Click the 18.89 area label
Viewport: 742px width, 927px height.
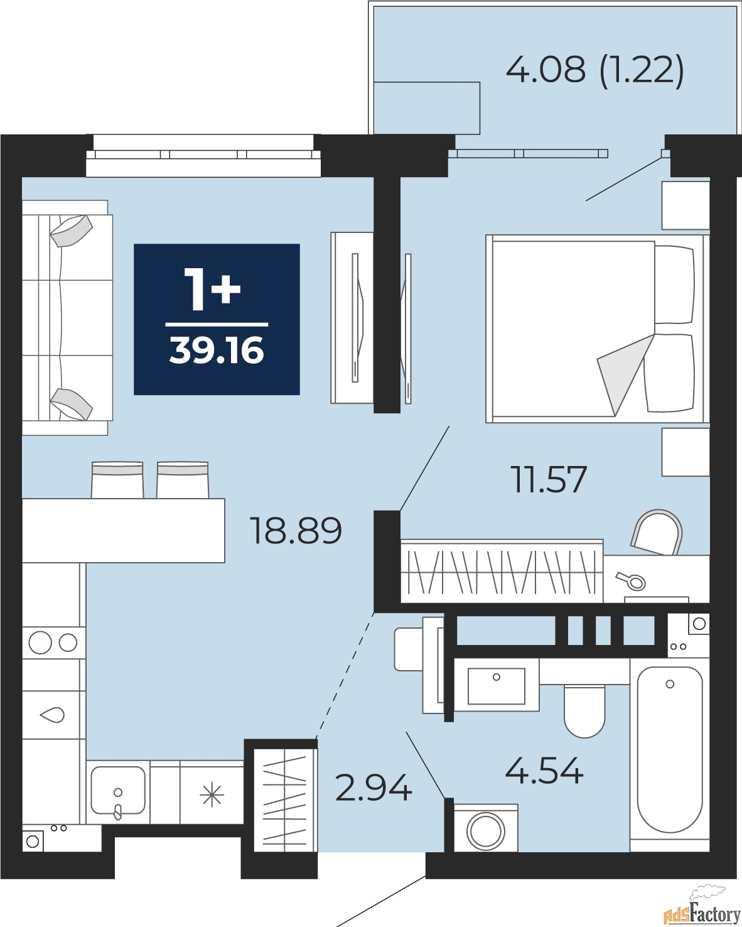tap(296, 530)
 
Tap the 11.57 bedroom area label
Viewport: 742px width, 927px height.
tap(549, 479)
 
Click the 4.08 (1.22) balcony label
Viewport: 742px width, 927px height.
tap(594, 69)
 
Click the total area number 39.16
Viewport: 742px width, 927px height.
tap(217, 350)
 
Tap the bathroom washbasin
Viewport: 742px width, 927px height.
tap(496, 686)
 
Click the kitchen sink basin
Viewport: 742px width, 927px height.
tap(118, 790)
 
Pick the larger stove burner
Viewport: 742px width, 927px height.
tap(40, 642)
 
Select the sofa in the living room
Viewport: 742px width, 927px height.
tap(66, 317)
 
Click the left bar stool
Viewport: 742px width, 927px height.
tap(117, 480)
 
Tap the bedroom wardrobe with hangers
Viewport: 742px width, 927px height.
tap(501, 572)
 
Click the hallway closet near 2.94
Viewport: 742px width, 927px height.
tap(285, 796)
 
